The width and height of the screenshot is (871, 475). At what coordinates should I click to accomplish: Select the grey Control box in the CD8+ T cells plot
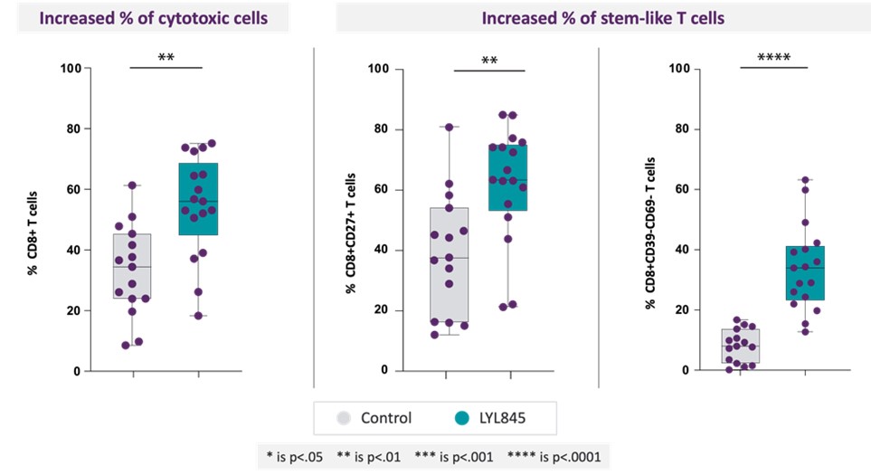click(133, 266)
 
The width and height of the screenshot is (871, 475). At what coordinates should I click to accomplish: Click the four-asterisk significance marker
click(766, 59)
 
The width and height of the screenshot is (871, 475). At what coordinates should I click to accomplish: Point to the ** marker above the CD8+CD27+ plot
click(489, 61)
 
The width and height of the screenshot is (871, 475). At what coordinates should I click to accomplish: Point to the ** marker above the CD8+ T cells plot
click(166, 59)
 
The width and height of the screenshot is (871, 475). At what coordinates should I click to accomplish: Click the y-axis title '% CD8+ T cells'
click(33, 220)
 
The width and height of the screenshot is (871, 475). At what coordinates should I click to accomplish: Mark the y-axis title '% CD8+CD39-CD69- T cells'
click(649, 220)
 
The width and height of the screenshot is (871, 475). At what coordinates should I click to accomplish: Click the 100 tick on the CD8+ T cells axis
click(71, 68)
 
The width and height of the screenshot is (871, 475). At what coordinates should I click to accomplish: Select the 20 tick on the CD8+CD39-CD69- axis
click(683, 310)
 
